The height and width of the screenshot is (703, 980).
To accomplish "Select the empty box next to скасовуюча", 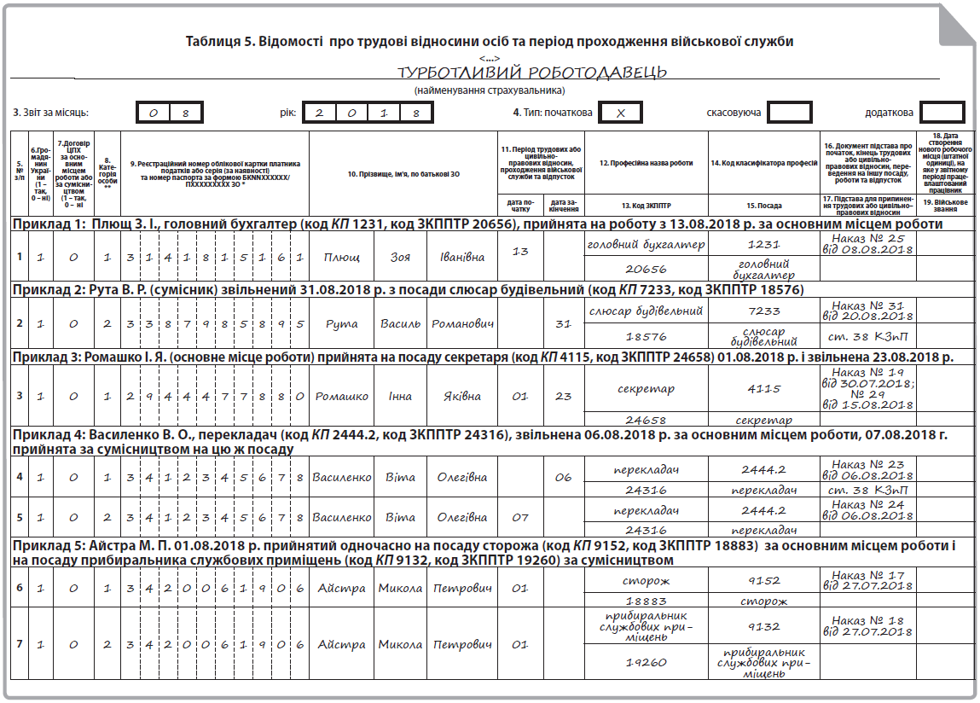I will click(789, 113).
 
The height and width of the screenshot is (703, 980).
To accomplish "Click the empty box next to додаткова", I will click(942, 113).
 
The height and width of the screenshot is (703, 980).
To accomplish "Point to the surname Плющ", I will click(341, 257).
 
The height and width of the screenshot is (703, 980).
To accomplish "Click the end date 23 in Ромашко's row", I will click(563, 396).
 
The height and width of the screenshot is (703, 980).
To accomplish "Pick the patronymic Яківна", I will click(461, 396).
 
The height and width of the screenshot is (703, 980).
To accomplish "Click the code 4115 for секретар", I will click(764, 389).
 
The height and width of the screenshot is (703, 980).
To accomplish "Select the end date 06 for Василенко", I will click(563, 478).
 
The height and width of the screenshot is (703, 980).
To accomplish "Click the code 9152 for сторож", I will click(764, 582).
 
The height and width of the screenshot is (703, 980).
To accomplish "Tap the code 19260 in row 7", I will click(647, 661).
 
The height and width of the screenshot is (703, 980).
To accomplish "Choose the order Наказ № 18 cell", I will click(867, 625).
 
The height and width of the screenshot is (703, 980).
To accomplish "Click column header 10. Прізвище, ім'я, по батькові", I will click(403, 174).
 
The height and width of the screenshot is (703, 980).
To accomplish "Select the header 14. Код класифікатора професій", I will click(764, 162).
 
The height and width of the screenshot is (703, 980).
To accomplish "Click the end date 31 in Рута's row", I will click(563, 324).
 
